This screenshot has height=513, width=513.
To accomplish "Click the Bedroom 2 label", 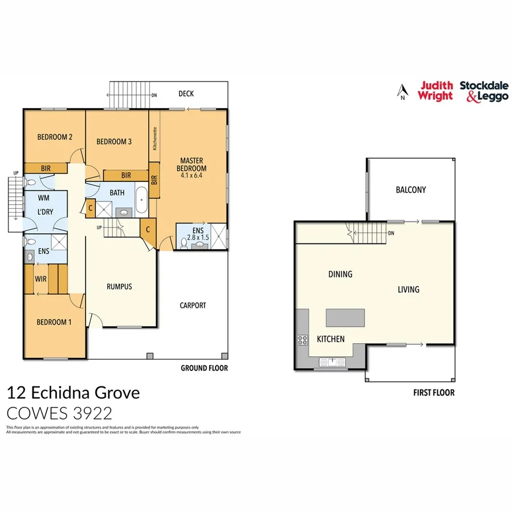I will click(x=55, y=137).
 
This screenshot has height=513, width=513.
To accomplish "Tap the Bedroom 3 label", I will click(x=114, y=142).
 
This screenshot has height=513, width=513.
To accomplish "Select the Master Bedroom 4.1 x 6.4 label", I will click(x=192, y=168).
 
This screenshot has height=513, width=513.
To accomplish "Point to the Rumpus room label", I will click(x=120, y=287).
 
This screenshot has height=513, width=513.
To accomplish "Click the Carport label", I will click(x=193, y=306).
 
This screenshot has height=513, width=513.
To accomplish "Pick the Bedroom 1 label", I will click(x=54, y=322).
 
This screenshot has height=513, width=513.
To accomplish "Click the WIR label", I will click(x=40, y=279).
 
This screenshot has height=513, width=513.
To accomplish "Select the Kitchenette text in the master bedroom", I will click(x=154, y=138).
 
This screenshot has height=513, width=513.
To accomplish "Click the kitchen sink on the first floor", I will click(x=331, y=361).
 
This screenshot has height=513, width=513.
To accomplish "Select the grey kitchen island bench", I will click(x=345, y=317).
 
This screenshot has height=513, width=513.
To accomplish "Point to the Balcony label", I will click(x=411, y=190).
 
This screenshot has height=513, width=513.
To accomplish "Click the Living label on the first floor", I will click(x=408, y=290).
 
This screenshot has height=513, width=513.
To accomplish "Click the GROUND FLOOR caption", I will click(x=204, y=368).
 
